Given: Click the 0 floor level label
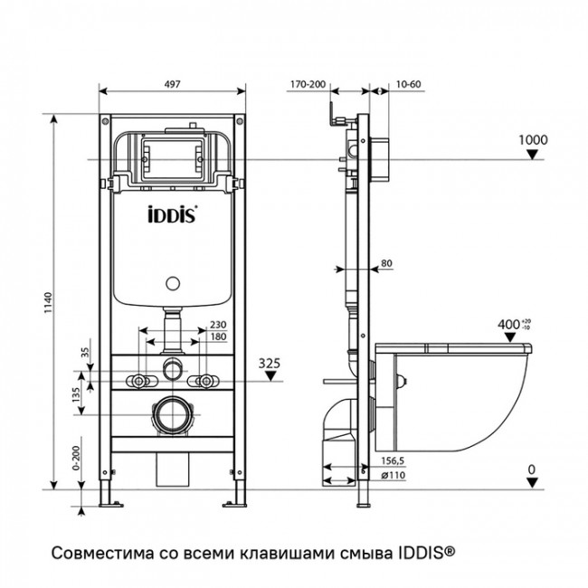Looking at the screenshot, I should point(533,469).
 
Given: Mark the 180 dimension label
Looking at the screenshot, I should point(217,337).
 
